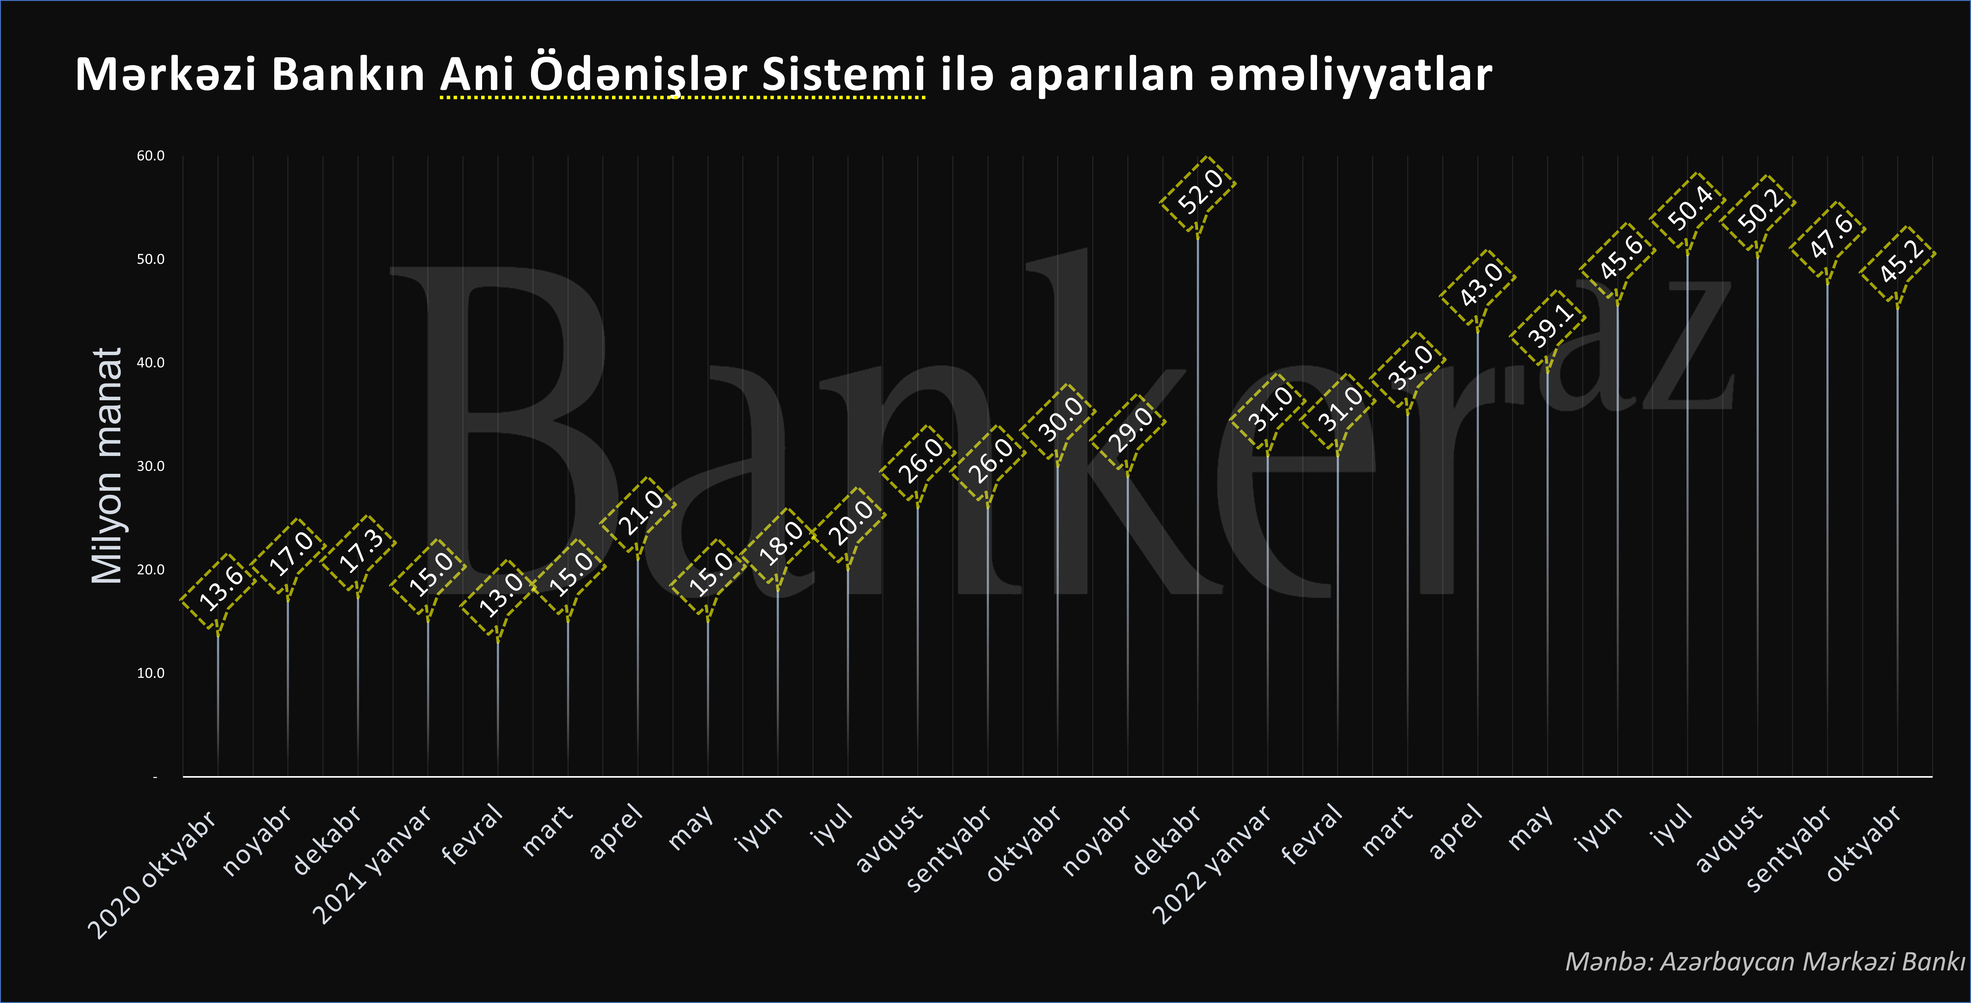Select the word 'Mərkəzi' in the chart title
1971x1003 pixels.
tap(165, 75)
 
